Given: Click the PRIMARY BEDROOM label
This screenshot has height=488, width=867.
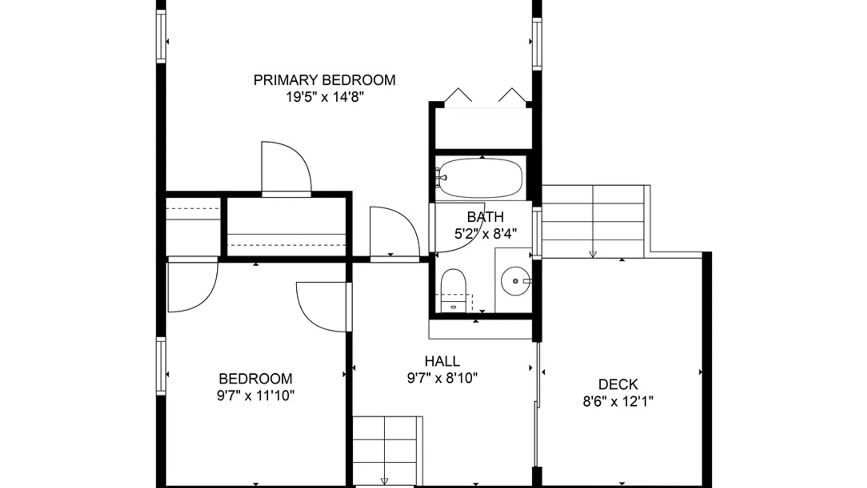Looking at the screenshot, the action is coord(324,80).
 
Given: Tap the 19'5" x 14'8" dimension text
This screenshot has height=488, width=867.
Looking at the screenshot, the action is coord(324,97).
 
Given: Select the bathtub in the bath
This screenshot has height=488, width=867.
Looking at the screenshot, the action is coord(481,178).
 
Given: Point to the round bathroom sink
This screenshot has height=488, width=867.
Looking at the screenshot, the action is coord(515,281).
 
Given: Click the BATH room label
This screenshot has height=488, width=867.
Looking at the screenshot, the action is coord(485,217).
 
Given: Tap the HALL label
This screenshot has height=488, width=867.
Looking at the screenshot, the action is coord(442,361).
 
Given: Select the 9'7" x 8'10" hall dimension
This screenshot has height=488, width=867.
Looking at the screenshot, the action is coord(442,378).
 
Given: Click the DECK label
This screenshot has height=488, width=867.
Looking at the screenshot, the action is coord(618,384).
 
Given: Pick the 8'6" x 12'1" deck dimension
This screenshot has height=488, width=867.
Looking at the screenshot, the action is coord(618,401).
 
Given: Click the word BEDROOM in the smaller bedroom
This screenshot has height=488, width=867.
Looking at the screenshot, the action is coord(256,378).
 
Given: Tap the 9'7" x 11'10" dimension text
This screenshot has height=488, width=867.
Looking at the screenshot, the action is coord(256,396).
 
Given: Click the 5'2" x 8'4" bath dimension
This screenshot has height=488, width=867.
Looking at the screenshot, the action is coord(485,234).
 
